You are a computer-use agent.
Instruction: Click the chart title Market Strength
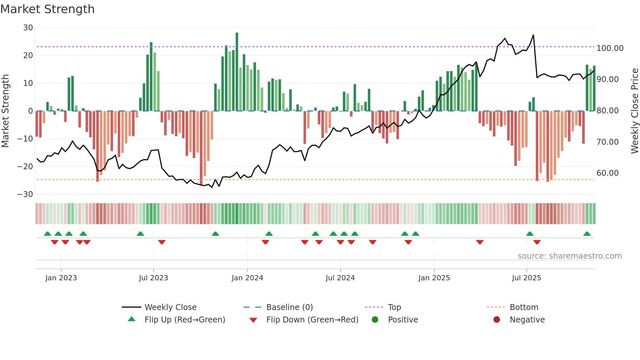pos(47,9)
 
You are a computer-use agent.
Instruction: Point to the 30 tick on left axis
pos(28,28)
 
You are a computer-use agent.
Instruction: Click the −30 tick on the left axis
pos(25,194)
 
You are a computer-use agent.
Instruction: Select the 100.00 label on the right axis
pos(610,48)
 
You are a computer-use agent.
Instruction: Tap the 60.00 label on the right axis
pos(607,173)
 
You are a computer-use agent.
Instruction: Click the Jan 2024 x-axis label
pos(247,278)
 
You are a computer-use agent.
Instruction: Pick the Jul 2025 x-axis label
pos(526,278)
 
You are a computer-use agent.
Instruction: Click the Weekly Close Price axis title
pos(634,111)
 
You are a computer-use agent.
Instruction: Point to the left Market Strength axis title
pos(5,111)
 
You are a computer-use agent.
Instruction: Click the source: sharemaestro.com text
pos(569,256)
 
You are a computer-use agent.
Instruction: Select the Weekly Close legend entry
pos(170,307)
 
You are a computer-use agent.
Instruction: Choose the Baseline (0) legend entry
pos(289,307)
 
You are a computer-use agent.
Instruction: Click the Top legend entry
pos(394,307)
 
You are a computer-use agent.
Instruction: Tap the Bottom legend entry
pos(524,307)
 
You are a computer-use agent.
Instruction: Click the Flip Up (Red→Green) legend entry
pos(184,320)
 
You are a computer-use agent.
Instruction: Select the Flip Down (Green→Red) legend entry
pos(312,320)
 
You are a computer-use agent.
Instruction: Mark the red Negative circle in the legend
pos(497,319)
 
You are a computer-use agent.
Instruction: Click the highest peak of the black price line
pos(533,35)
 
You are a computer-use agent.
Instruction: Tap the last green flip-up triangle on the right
pos(587,234)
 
